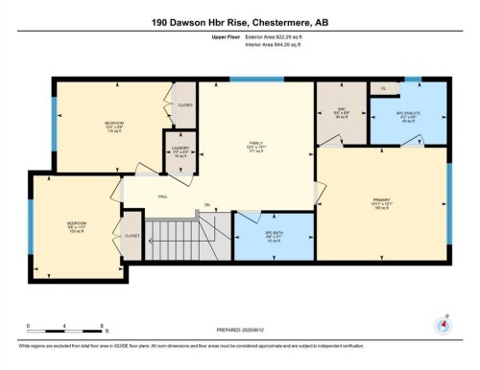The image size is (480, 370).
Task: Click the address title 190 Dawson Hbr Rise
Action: [x=239, y=21]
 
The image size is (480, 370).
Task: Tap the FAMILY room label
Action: [x=256, y=145]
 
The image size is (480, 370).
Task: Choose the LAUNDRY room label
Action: [x=180, y=150]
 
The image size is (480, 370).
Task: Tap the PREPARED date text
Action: [x=239, y=331]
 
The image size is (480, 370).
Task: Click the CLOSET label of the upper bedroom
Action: [x=185, y=105]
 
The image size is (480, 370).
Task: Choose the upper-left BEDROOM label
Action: [x=113, y=125]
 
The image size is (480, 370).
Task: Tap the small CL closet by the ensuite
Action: [x=383, y=88]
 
